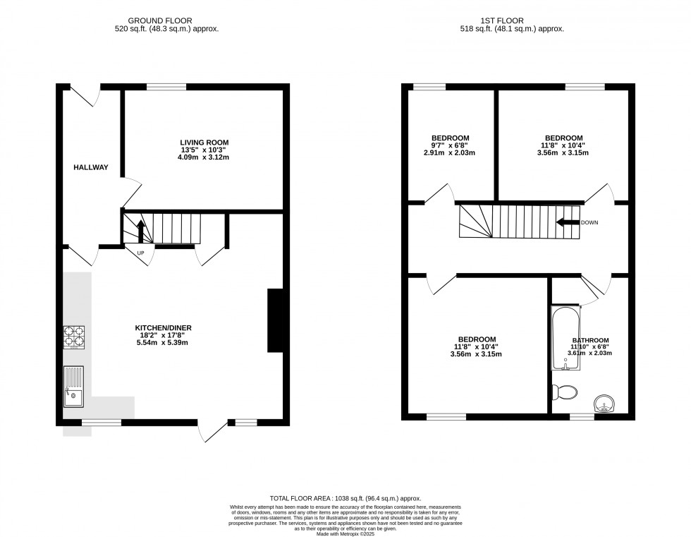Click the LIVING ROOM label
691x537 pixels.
(x=204, y=143)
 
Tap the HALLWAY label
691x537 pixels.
(x=91, y=167)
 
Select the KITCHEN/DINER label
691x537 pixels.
(x=164, y=327)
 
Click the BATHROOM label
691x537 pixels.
(x=590, y=340)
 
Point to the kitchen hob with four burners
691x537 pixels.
(x=74, y=338)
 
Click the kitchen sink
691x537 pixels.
(x=73, y=387)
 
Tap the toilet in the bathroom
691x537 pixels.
(x=565, y=392)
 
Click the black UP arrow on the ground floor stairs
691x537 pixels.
(x=140, y=230)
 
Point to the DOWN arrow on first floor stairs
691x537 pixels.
(x=567, y=222)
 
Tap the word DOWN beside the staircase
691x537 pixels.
(x=589, y=223)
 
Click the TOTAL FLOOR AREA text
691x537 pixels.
(x=345, y=498)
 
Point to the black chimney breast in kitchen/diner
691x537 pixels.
(x=275, y=320)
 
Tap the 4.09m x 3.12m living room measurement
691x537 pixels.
(x=204, y=157)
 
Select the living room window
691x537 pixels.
(x=166, y=87)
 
